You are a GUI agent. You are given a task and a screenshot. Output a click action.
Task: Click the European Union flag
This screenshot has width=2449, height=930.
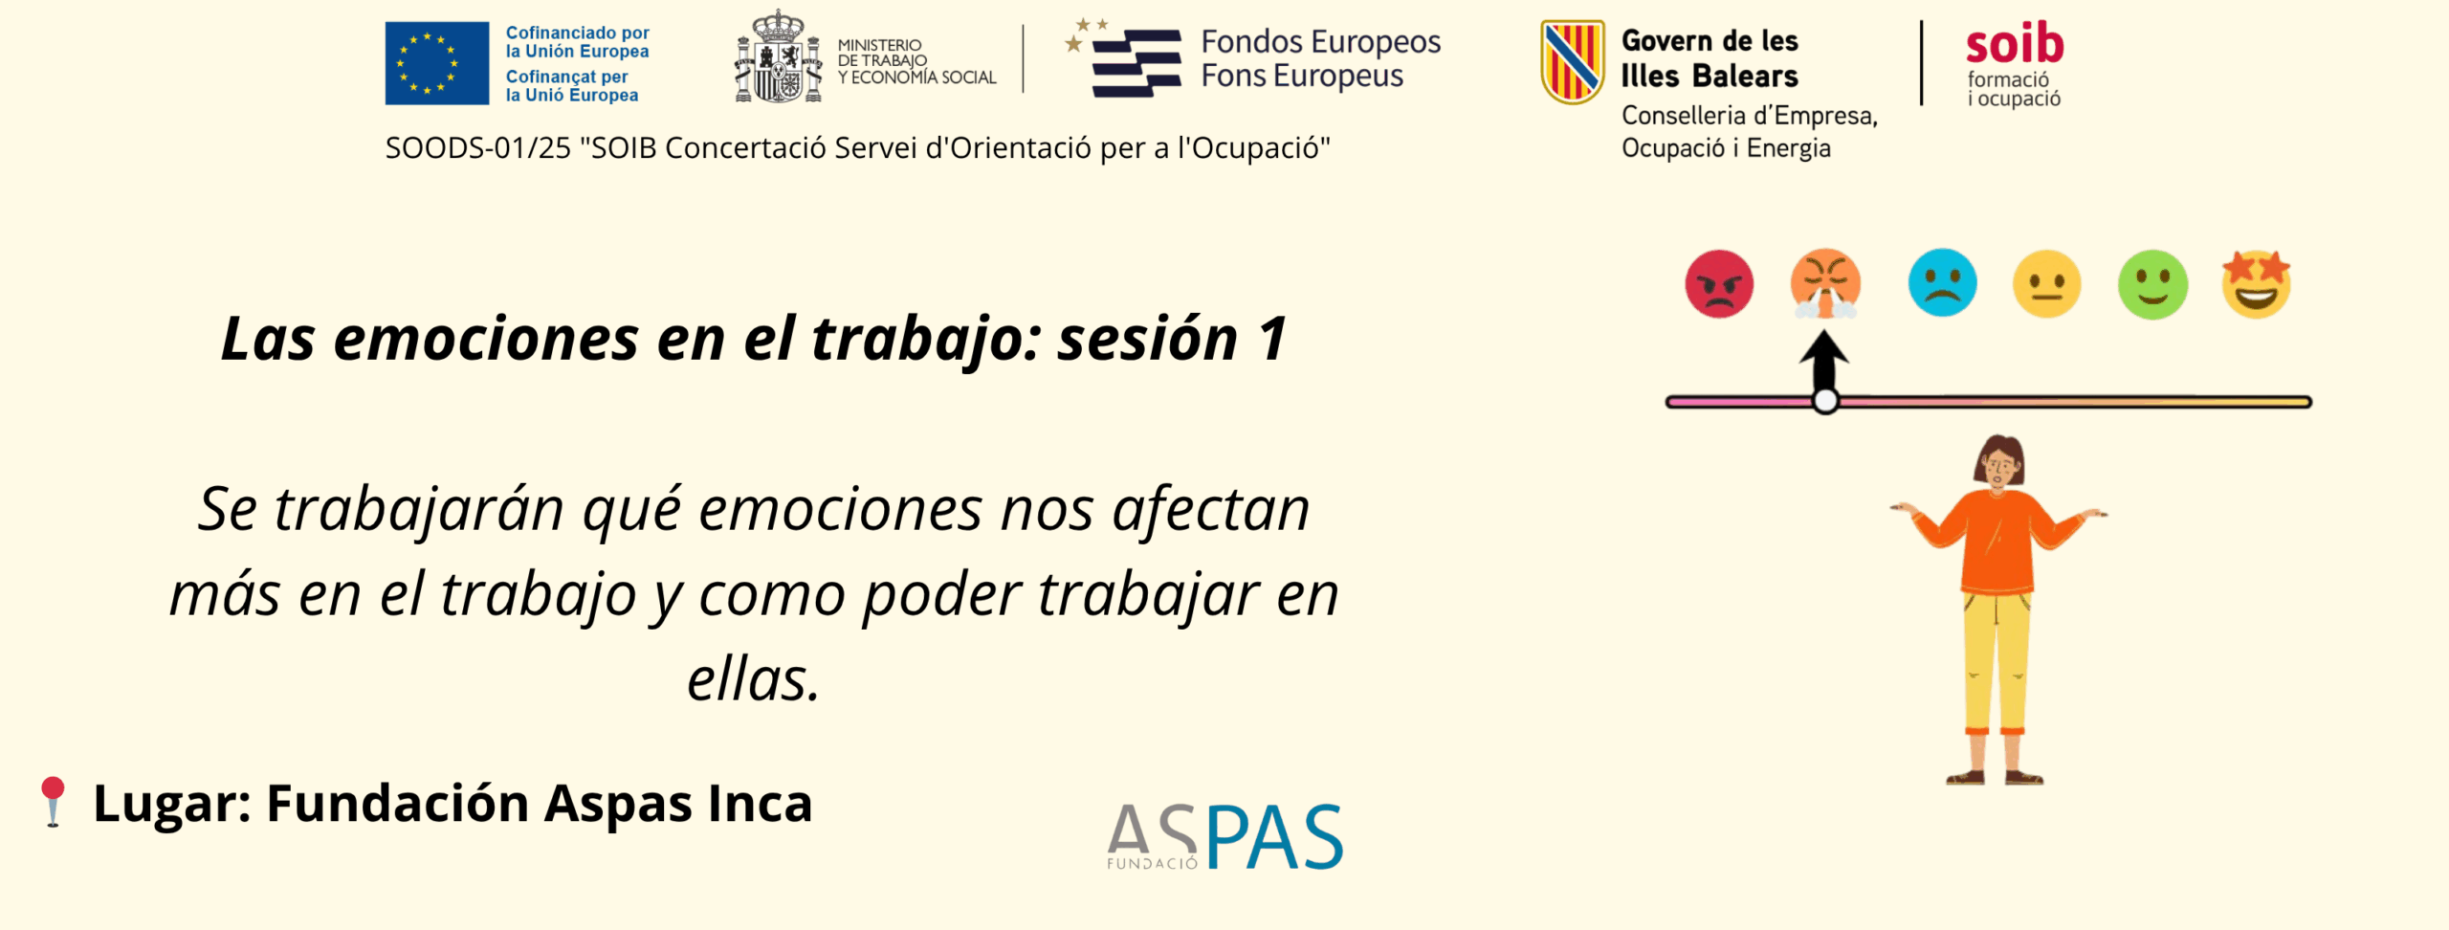pos(436,63)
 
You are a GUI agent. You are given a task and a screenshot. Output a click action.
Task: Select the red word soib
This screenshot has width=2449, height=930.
pos(2015,44)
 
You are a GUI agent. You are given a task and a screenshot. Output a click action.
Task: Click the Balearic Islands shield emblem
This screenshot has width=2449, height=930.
pos(1572,62)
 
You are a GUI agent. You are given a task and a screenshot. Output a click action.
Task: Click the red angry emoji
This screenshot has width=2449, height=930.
pos(1719,284)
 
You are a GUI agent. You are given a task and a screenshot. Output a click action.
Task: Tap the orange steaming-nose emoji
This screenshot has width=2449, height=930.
pos(1825,284)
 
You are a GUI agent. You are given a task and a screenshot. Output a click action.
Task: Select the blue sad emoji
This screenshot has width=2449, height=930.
pos(1942,283)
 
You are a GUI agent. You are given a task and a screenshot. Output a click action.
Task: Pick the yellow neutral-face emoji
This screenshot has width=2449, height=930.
pos(2047,284)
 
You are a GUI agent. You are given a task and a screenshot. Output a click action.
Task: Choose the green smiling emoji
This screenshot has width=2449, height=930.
pos(2152,284)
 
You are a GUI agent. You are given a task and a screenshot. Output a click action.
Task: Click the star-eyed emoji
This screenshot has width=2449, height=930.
pos(2257,284)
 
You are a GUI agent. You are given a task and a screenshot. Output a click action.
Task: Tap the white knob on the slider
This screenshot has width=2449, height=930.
pos(1825,402)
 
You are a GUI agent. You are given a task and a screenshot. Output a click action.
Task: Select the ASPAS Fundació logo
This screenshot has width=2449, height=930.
pos(1225,836)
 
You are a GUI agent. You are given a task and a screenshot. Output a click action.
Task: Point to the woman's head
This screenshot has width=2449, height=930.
pos(1999,462)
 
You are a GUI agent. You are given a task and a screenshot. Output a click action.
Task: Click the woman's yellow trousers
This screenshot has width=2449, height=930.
pos(1996,660)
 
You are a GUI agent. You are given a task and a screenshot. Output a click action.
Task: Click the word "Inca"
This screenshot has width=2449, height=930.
pos(760,803)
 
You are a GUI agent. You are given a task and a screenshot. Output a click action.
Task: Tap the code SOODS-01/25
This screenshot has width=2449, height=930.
pos(478,148)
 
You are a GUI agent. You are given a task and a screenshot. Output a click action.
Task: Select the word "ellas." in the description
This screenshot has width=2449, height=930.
pos(754,679)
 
